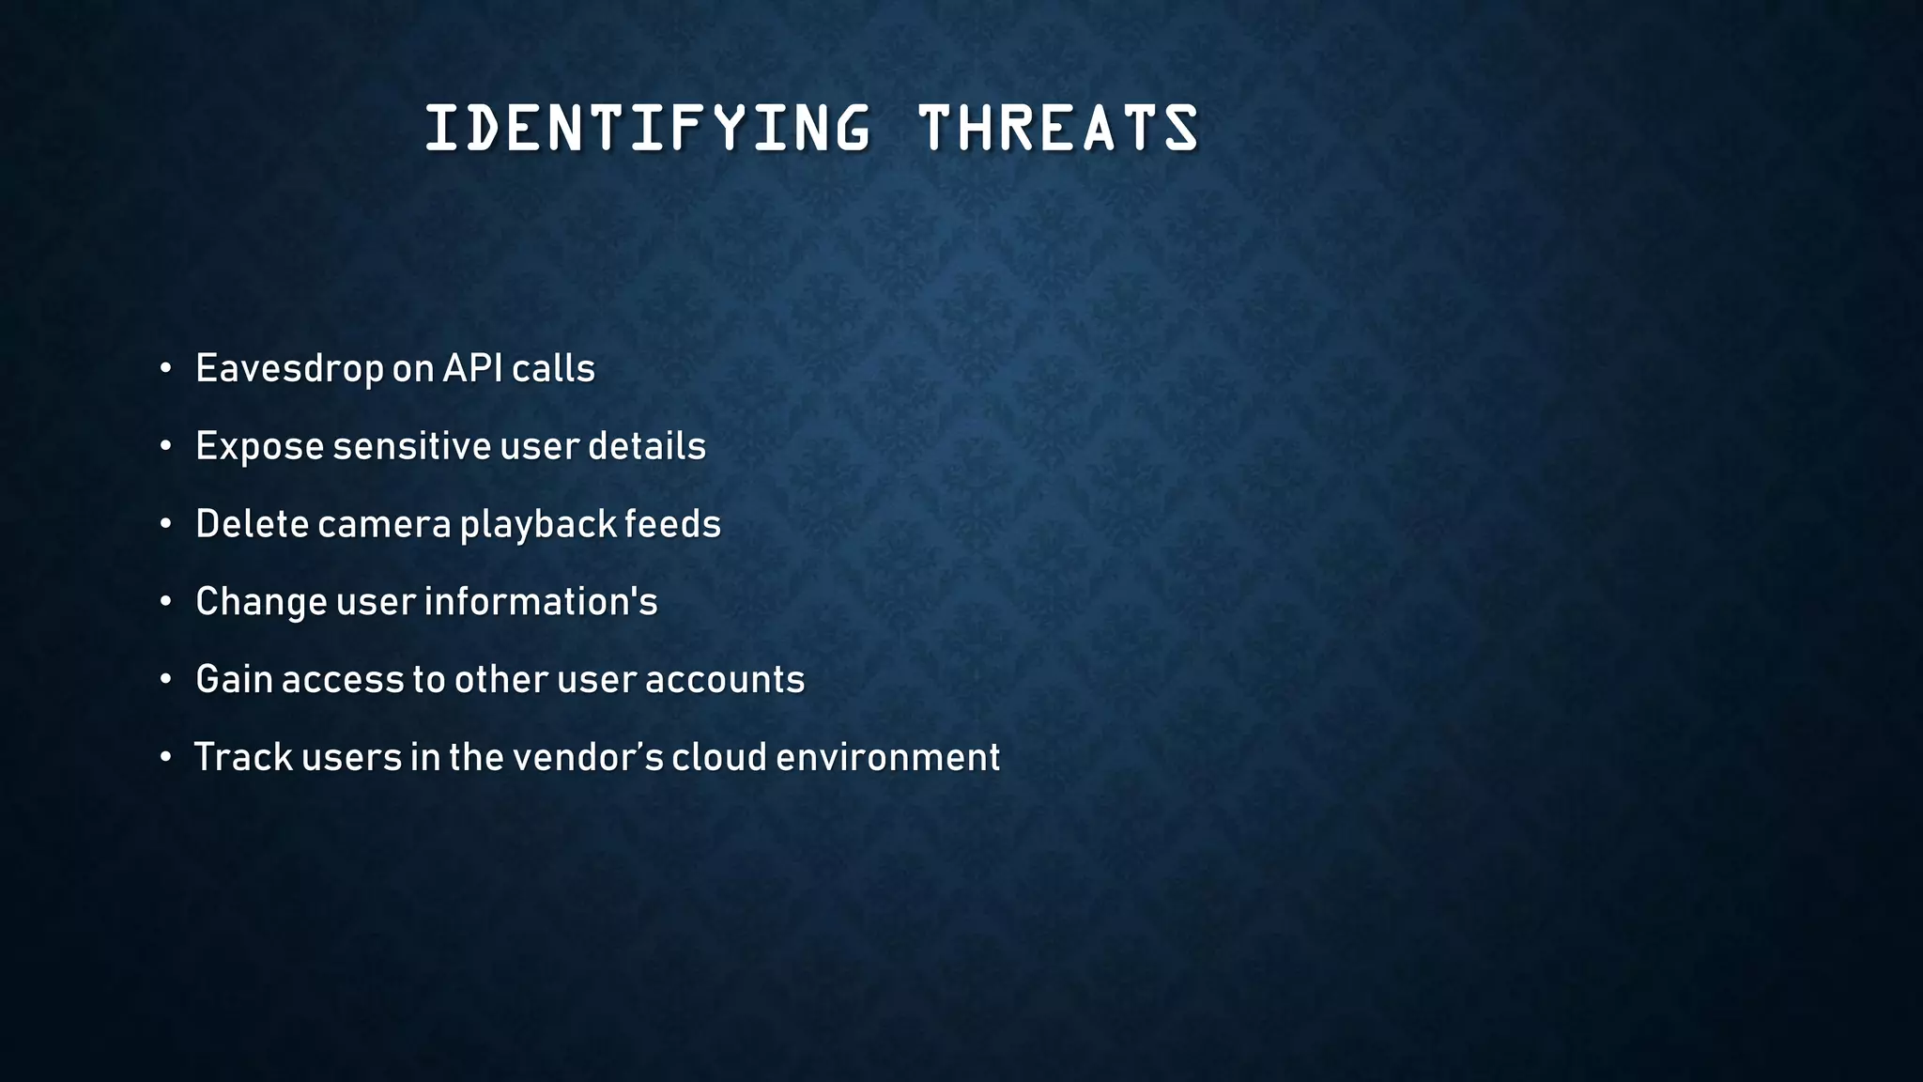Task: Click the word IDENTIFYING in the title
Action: (x=648, y=129)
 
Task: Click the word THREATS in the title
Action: (x=1058, y=129)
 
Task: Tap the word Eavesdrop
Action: (x=289, y=369)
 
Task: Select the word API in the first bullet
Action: (x=472, y=368)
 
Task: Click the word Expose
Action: (x=259, y=447)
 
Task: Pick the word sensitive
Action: (x=411, y=446)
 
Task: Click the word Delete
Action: (x=252, y=524)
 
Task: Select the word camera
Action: (x=384, y=525)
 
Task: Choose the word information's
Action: (x=541, y=602)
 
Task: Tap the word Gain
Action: (x=234, y=680)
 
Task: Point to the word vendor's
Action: (x=586, y=758)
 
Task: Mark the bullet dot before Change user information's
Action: (x=165, y=602)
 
